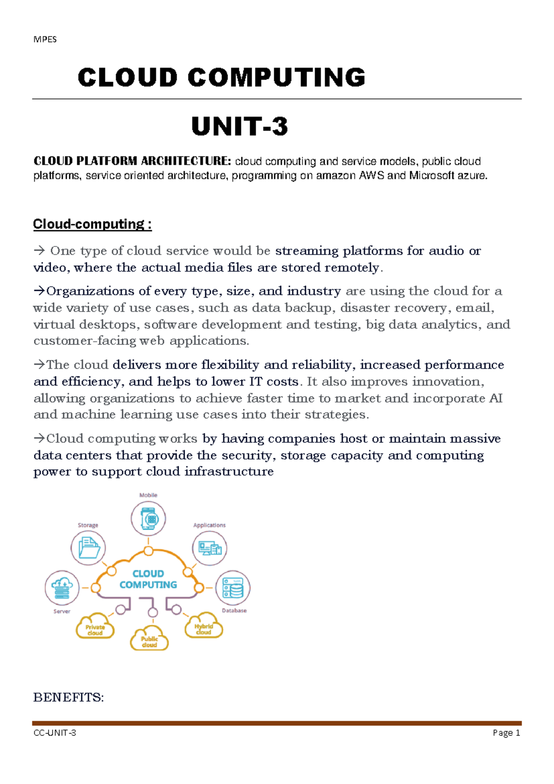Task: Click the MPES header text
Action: [x=45, y=39]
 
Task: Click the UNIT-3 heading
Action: [x=240, y=126]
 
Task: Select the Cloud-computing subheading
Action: [x=92, y=224]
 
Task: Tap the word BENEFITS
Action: [x=68, y=697]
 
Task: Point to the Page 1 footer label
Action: [x=506, y=733]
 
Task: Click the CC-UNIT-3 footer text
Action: [x=55, y=733]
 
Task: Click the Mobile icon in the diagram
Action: [x=148, y=518]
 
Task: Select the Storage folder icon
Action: [x=88, y=548]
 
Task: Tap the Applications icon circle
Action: [x=210, y=548]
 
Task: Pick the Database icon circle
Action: [x=233, y=588]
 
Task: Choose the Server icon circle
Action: [x=62, y=588]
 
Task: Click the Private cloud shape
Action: [x=95, y=628]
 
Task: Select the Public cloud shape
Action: [x=149, y=640]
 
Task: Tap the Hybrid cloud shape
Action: [x=204, y=627]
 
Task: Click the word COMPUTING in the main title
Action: [x=277, y=77]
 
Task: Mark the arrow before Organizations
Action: [x=40, y=291]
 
